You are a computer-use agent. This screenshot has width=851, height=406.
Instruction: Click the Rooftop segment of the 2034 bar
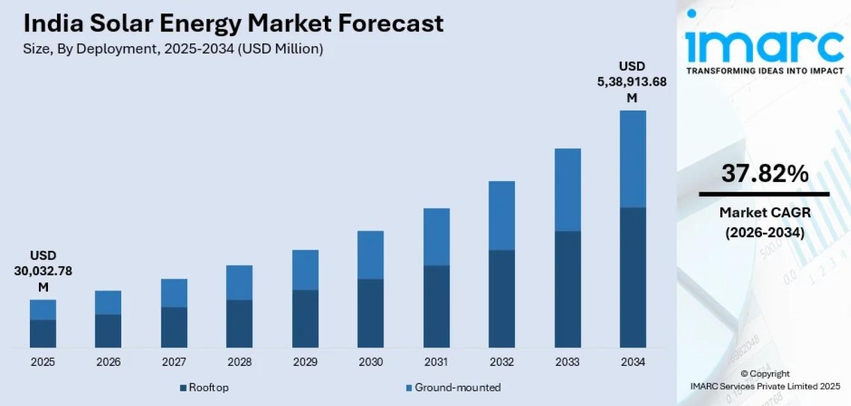[633, 277]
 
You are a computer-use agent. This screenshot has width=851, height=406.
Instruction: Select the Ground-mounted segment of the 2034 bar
[633, 159]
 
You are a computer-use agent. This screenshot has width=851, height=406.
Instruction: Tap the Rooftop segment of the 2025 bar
[43, 334]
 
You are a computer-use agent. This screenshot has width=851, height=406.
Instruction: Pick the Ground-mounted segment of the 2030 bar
[371, 255]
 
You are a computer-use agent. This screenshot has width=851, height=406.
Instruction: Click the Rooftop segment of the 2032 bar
[501, 299]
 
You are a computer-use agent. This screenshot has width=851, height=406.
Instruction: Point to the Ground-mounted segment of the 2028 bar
[239, 283]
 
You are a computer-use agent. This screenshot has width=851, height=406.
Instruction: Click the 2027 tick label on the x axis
[174, 362]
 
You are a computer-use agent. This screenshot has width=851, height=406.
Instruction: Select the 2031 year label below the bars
[436, 362]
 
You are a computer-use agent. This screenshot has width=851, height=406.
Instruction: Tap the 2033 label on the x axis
[567, 362]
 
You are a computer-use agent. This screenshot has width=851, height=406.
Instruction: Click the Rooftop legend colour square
[183, 388]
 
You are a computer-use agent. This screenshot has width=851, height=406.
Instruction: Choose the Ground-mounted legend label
[457, 387]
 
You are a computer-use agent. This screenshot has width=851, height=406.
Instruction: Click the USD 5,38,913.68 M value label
[632, 82]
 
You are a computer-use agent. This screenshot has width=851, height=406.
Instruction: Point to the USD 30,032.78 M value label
[43, 271]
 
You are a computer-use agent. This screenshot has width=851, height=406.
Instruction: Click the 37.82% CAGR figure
[765, 174]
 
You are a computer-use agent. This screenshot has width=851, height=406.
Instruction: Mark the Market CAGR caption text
[765, 213]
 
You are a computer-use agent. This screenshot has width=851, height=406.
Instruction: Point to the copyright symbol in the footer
[744, 374]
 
